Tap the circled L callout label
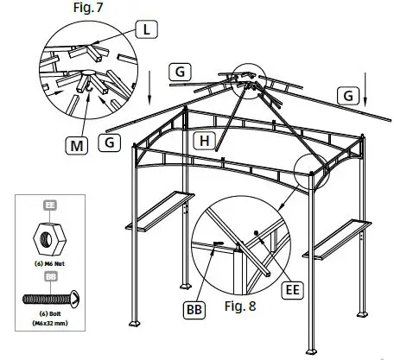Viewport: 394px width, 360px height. pos(148,29)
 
